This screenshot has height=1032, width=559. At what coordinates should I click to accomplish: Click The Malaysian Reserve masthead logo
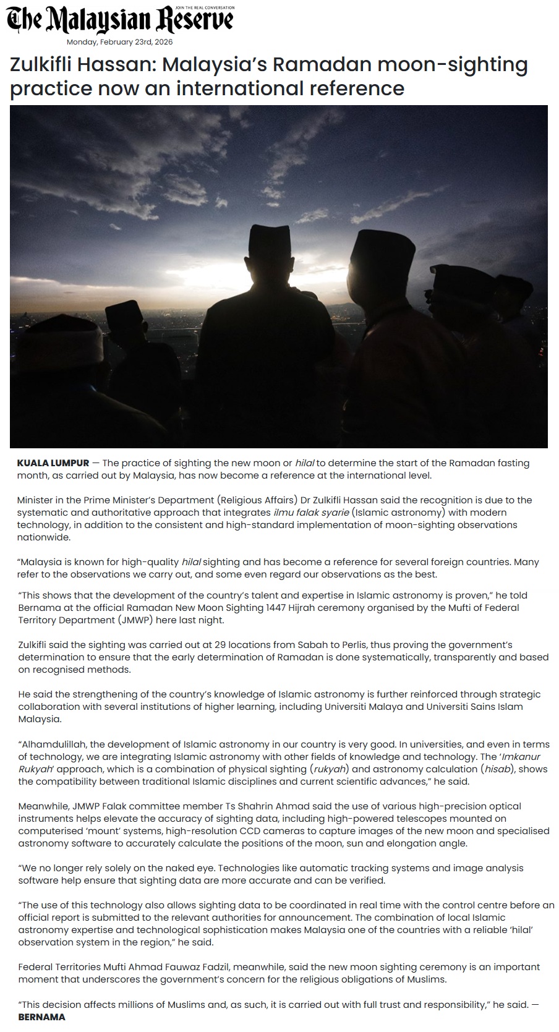(x=120, y=20)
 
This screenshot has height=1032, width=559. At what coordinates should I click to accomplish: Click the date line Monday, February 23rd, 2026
(x=119, y=42)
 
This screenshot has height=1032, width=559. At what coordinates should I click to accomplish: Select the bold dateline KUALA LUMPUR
(x=53, y=463)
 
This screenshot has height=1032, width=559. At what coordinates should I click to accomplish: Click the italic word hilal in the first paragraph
(x=305, y=463)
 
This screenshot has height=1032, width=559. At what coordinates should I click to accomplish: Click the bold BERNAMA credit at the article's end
(x=41, y=1017)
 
